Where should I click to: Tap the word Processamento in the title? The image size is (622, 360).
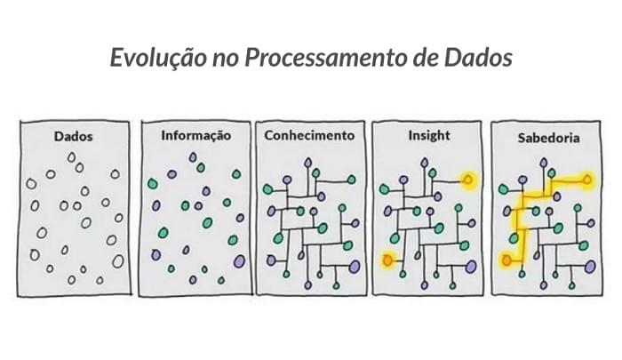coord(325,58)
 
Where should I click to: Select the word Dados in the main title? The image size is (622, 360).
coord(478,58)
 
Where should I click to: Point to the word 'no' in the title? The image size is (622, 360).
coord(225,60)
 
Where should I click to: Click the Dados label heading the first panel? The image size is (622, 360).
coord(74,137)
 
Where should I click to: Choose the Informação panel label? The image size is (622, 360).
coord(196,136)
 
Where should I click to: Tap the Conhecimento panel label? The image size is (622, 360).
coord(309,135)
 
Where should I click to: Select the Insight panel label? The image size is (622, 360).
coord(429,136)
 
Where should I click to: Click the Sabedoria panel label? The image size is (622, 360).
coord(548,138)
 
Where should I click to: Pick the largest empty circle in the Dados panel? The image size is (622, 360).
coord(118,261)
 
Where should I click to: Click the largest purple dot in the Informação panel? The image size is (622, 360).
coord(239,261)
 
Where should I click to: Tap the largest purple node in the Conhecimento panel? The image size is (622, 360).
coord(355,267)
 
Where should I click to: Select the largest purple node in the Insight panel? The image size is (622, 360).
coord(471,267)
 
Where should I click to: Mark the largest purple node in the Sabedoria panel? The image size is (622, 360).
coord(590,267)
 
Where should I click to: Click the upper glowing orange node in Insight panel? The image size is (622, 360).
coord(468,180)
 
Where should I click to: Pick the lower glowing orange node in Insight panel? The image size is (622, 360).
coord(387,260)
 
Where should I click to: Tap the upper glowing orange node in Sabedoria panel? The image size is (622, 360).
coord(587,180)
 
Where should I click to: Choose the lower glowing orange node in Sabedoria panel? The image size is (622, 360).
coord(507,260)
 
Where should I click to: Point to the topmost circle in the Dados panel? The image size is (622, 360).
coord(71,157)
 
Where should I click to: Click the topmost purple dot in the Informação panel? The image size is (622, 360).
coord(193,157)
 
